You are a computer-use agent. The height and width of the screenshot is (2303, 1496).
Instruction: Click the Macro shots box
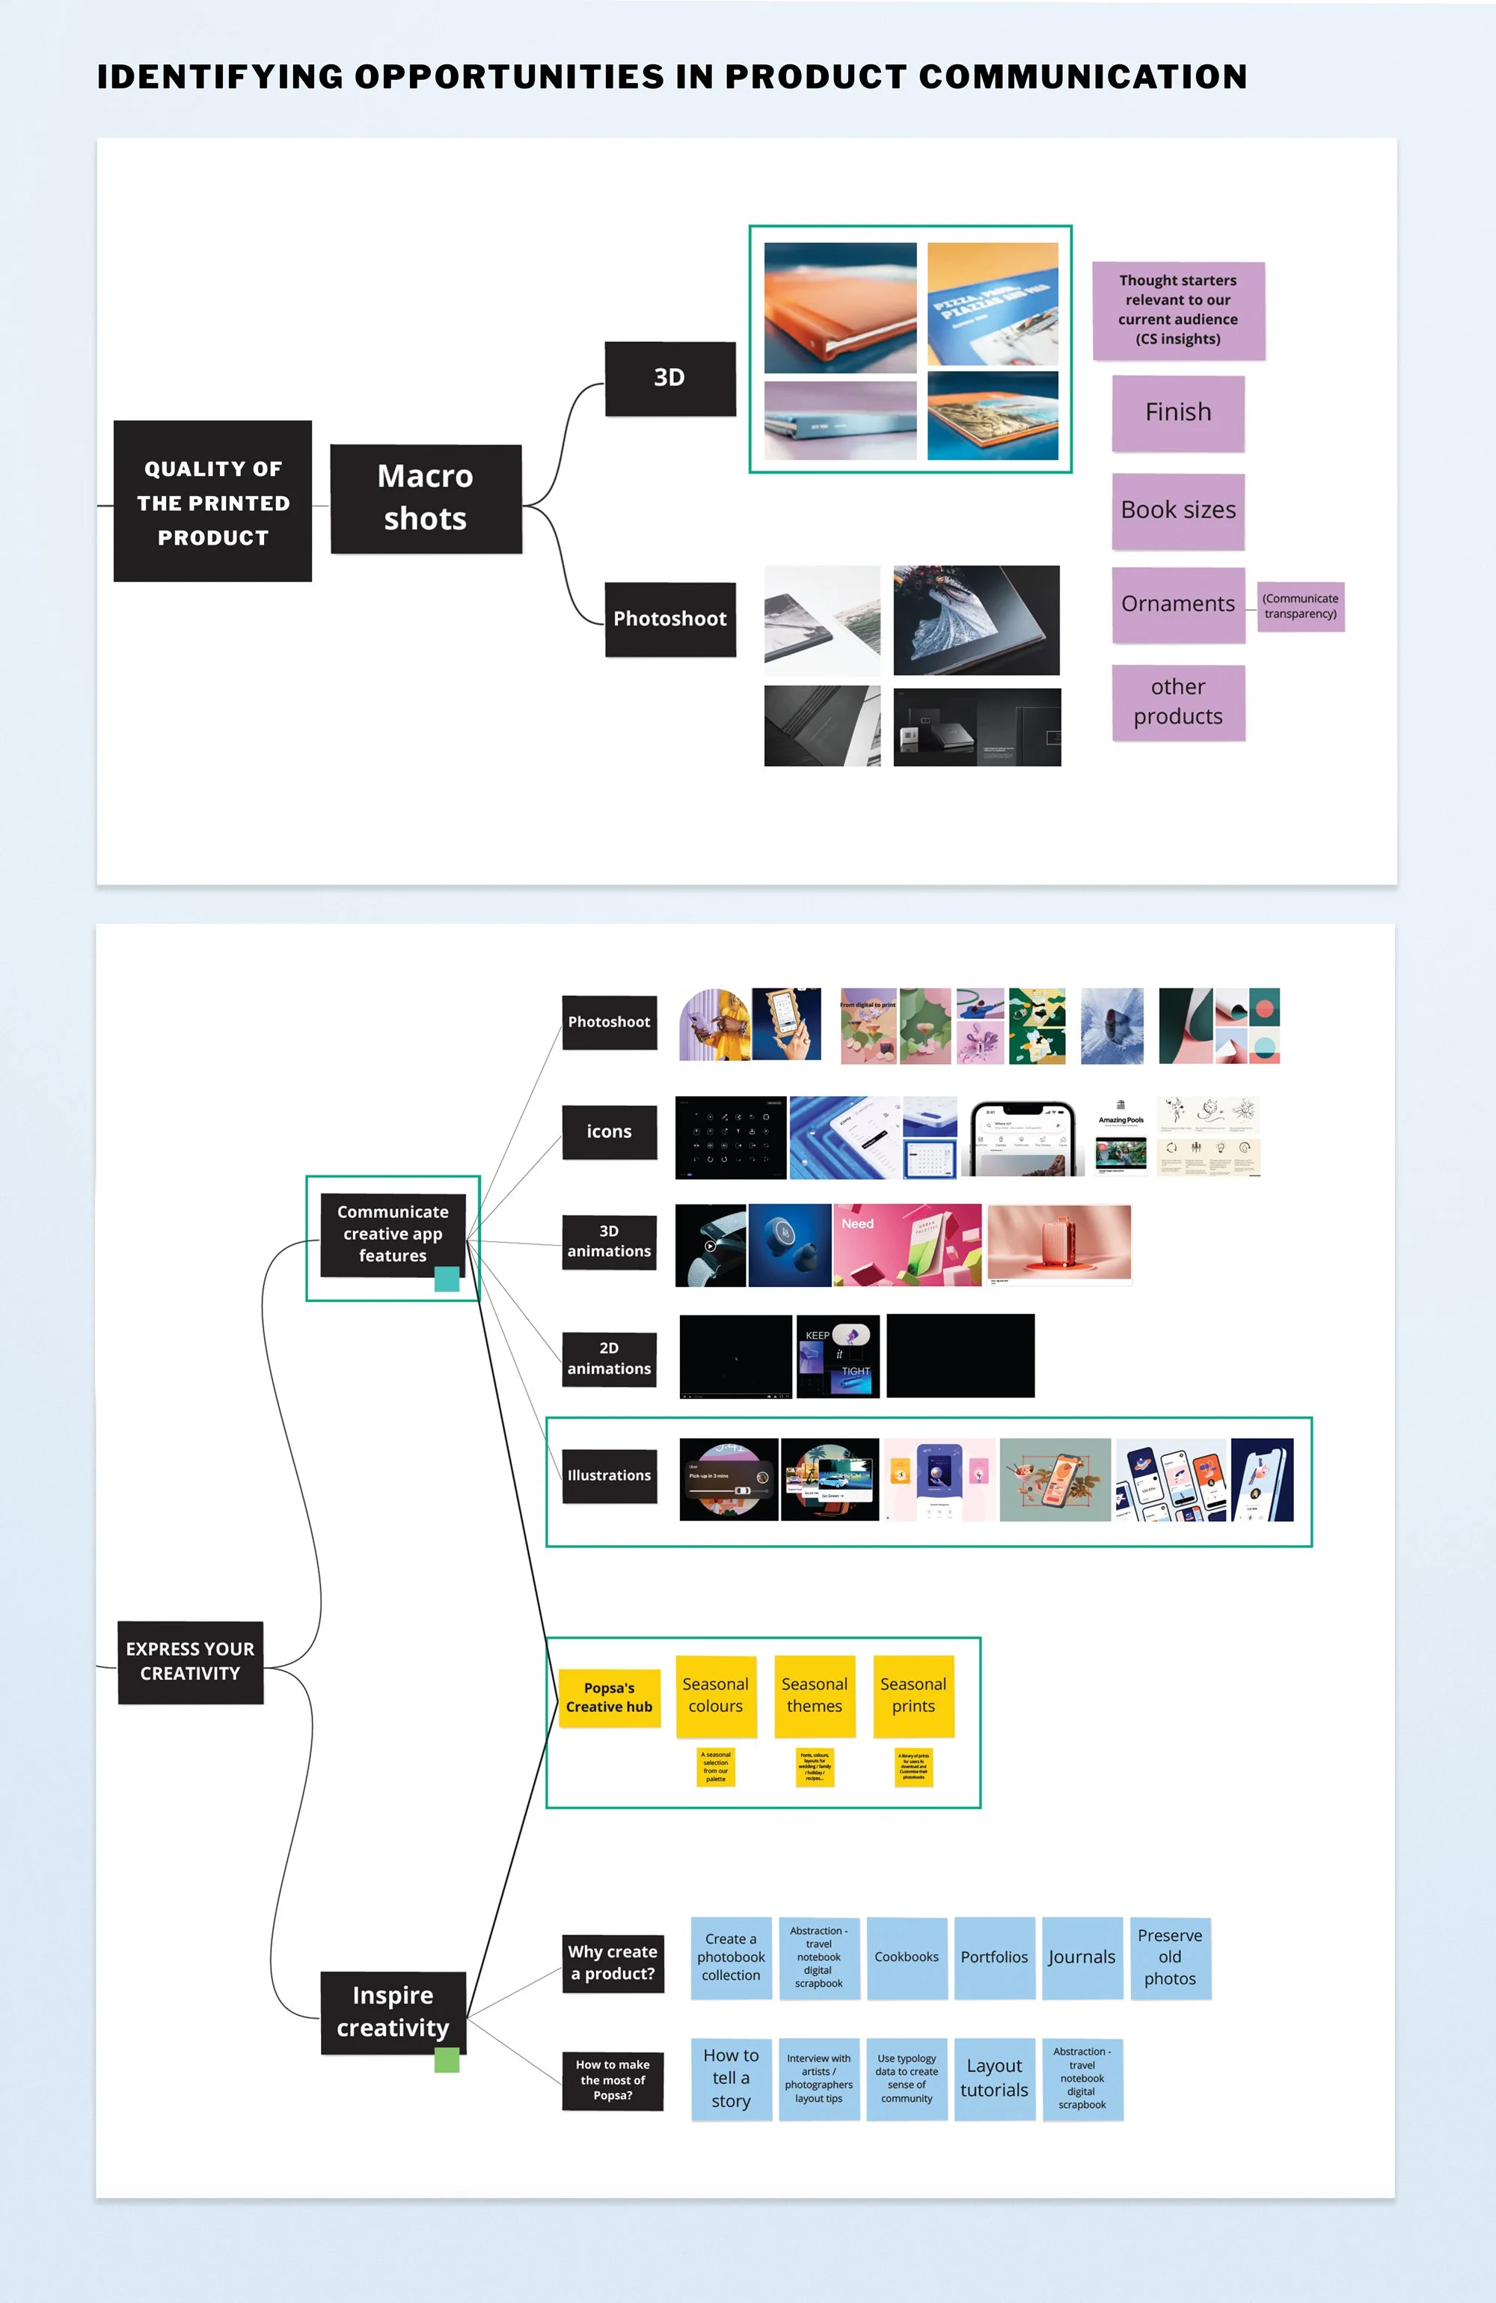point(426,498)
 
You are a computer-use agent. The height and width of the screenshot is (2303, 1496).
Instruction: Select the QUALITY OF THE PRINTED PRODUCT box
point(213,501)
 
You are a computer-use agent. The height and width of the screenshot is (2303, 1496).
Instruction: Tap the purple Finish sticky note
point(1177,413)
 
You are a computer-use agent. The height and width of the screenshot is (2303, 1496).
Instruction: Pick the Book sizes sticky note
point(1177,511)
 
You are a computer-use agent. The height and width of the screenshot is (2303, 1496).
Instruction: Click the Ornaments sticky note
point(1177,605)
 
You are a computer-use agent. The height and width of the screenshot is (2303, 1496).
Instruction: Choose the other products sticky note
point(1177,703)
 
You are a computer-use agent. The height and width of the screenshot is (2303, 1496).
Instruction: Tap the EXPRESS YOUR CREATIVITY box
point(191,1662)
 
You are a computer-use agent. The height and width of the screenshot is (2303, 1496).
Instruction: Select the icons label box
point(609,1132)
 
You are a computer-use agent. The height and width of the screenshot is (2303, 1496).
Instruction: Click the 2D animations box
point(609,1359)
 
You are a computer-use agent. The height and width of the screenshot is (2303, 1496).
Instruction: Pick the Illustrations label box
point(609,1475)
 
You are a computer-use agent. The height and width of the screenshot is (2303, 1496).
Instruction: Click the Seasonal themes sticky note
point(814,1695)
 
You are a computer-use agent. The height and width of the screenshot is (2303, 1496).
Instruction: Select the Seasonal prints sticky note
point(913,1695)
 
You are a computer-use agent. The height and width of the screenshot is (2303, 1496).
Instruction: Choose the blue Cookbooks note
point(907,1957)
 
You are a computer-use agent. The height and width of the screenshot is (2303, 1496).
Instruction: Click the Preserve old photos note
point(1170,1957)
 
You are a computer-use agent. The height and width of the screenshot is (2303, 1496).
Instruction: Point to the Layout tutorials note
point(994,2079)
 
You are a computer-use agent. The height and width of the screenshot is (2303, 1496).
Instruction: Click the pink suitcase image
point(1058,1244)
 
